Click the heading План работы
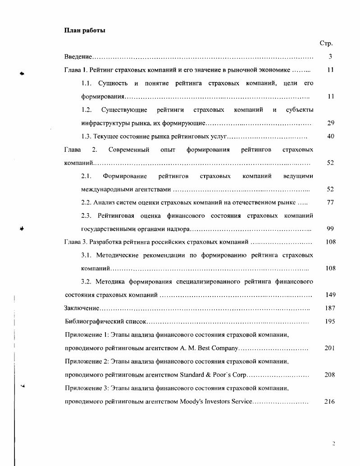[x=85, y=31]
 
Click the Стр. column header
[x=326, y=44]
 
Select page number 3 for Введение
[x=330, y=57]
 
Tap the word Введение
[x=78, y=57]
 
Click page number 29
[x=330, y=123]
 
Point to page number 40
[x=330, y=136]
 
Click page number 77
[x=330, y=202]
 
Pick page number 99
[x=330, y=229]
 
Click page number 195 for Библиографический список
[x=330, y=322]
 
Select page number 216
[x=330, y=402]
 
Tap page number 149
[x=330, y=295]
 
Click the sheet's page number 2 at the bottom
[x=333, y=444]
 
